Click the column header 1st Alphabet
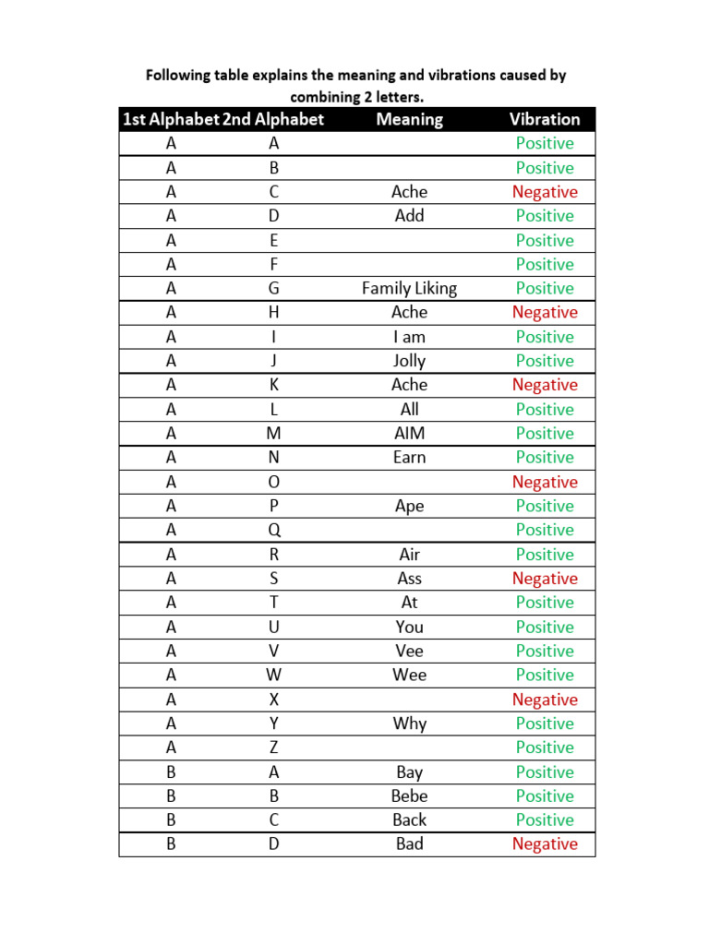point(171,119)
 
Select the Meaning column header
point(409,119)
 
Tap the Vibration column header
point(545,119)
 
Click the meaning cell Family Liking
point(409,289)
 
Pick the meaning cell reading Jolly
point(409,361)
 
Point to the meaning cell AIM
point(409,434)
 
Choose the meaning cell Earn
point(409,458)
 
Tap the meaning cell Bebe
point(409,795)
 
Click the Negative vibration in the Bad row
point(545,844)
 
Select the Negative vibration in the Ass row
point(545,579)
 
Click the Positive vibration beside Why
point(545,724)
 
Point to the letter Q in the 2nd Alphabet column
point(273,530)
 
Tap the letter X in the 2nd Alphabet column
point(273,700)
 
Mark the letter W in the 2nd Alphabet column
point(273,675)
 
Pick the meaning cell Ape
point(409,506)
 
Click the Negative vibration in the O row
point(545,482)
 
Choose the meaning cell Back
point(409,819)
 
